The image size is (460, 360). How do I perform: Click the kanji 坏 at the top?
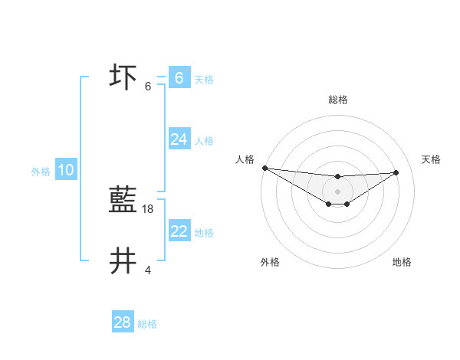point(123,77)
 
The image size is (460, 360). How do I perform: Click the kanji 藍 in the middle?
point(123,201)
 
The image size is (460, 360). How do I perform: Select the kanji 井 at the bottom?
point(123,261)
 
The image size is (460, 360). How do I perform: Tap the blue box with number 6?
point(179,78)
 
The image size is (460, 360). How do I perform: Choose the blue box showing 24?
point(179,139)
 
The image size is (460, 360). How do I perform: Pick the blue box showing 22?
point(179,231)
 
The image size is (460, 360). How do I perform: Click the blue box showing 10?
point(66,170)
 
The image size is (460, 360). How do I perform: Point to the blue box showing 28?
point(122,322)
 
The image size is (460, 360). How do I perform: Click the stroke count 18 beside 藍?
point(148,208)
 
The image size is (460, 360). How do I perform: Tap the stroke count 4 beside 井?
point(148,270)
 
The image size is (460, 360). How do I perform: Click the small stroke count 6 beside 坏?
point(148,86)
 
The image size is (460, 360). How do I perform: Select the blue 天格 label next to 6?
point(204,79)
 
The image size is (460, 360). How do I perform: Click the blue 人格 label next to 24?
point(204,140)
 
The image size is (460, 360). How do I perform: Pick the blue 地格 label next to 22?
point(204,232)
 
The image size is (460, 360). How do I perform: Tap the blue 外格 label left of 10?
point(41,172)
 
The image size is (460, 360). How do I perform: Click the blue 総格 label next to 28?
point(147,324)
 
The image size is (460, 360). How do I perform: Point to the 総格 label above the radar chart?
point(337,100)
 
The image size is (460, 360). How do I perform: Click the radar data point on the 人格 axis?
point(264,168)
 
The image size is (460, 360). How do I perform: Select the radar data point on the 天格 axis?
point(396,172)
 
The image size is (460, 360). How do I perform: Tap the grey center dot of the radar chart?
point(337,191)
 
